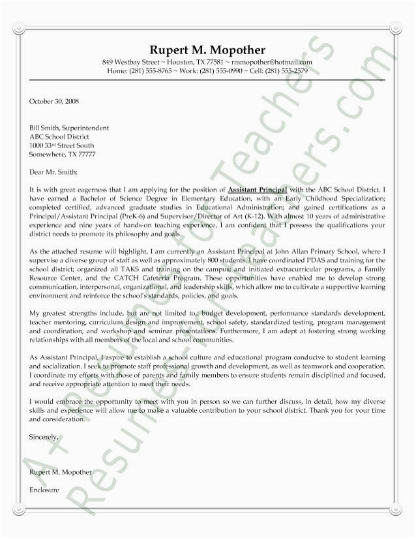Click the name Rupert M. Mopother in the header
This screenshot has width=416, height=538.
[x=207, y=50]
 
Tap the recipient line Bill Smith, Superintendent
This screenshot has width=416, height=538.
[x=69, y=128]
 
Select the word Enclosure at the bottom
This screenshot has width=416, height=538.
[x=44, y=488]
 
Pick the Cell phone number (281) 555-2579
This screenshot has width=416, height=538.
[x=281, y=70]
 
